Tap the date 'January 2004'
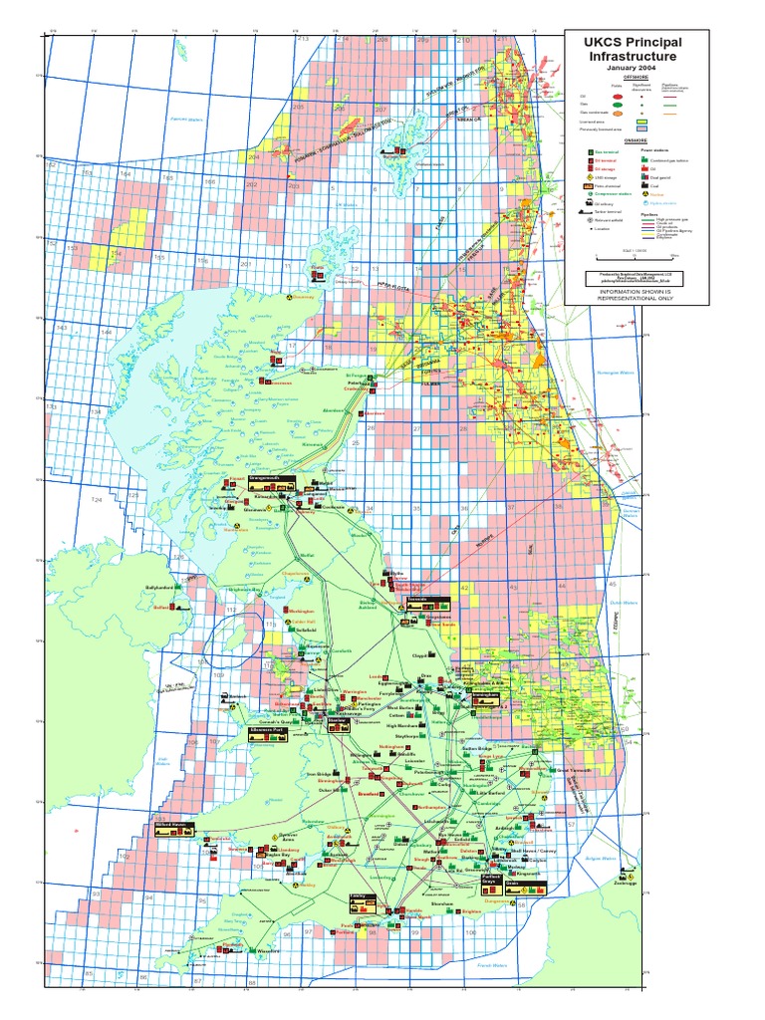635,67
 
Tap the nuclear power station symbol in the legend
644,193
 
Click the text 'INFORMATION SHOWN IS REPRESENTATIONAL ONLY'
636,294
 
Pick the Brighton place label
474,909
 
